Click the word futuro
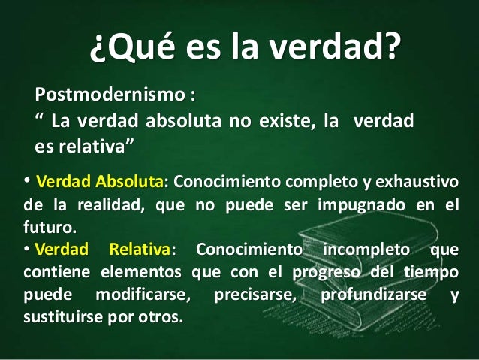[38, 227]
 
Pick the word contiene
[47, 271]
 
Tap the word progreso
[331, 271]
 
